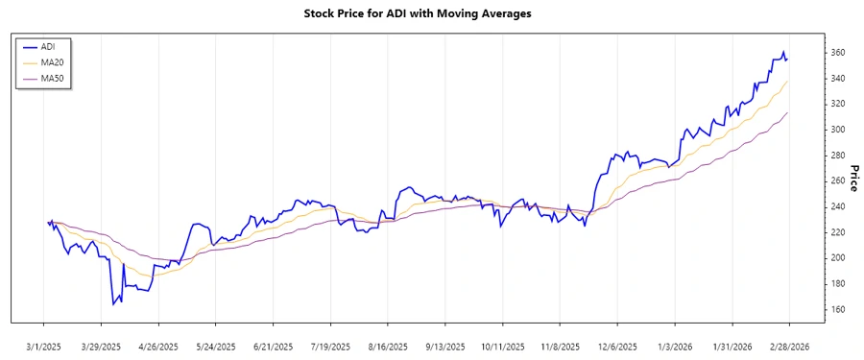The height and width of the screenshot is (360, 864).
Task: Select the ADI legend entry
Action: point(48,46)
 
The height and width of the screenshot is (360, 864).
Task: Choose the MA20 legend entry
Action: point(52,62)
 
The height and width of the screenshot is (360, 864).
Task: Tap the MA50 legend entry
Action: point(52,79)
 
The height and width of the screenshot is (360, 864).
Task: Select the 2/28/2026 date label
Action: point(789,346)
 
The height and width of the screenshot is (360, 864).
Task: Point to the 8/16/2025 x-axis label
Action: point(388,346)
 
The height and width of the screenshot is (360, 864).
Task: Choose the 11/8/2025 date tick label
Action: point(560,346)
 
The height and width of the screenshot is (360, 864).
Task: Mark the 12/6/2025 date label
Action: point(617,346)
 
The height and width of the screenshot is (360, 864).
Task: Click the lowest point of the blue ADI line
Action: point(113,304)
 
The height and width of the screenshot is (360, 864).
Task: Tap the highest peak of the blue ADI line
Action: point(783,52)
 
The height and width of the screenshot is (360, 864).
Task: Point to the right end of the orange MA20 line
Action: point(789,82)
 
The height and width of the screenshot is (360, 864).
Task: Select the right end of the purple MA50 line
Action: point(789,112)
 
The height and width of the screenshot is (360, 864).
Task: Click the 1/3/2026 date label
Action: point(675,346)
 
